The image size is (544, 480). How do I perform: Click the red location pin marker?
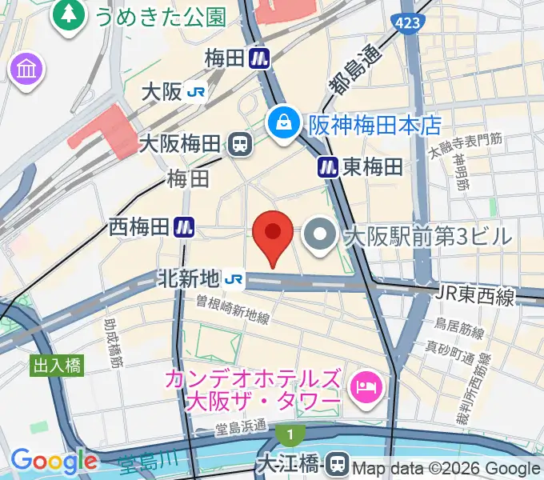coord(272,234)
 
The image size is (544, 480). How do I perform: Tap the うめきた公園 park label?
coord(161,14)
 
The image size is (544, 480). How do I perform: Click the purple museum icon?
coord(26,69)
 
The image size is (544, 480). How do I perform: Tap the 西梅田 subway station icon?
coord(186,228)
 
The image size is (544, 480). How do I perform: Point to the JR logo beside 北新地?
coord(234,279)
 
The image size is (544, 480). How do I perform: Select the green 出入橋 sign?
coord(57,366)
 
